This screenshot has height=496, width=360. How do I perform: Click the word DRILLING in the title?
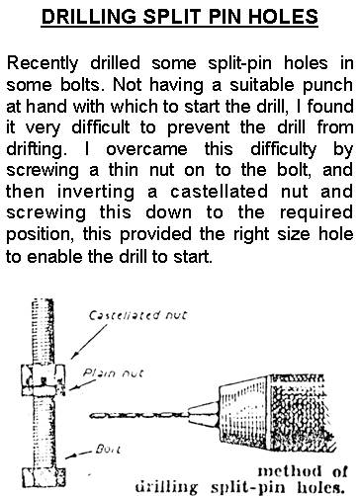(89, 17)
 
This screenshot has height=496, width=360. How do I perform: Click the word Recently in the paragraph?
(43, 63)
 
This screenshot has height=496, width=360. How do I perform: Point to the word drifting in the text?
(35, 149)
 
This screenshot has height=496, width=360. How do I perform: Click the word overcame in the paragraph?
(146, 149)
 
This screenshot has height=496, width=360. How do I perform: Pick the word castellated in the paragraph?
(219, 192)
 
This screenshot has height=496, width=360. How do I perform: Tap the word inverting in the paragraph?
(96, 192)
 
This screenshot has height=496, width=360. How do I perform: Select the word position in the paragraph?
(40, 234)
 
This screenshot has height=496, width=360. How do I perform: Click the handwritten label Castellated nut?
(137, 315)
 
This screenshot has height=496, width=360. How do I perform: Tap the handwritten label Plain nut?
(113, 373)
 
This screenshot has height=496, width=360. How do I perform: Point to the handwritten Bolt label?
(108, 449)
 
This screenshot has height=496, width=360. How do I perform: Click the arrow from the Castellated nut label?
(89, 342)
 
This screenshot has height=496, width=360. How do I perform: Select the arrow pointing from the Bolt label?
(78, 455)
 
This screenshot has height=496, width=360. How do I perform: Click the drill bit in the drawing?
(139, 415)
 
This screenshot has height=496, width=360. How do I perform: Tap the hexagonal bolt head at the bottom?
(44, 477)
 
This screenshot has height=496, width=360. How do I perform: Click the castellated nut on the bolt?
(44, 375)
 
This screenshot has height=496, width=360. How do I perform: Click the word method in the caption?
(289, 471)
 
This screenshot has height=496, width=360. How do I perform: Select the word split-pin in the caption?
(250, 486)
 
